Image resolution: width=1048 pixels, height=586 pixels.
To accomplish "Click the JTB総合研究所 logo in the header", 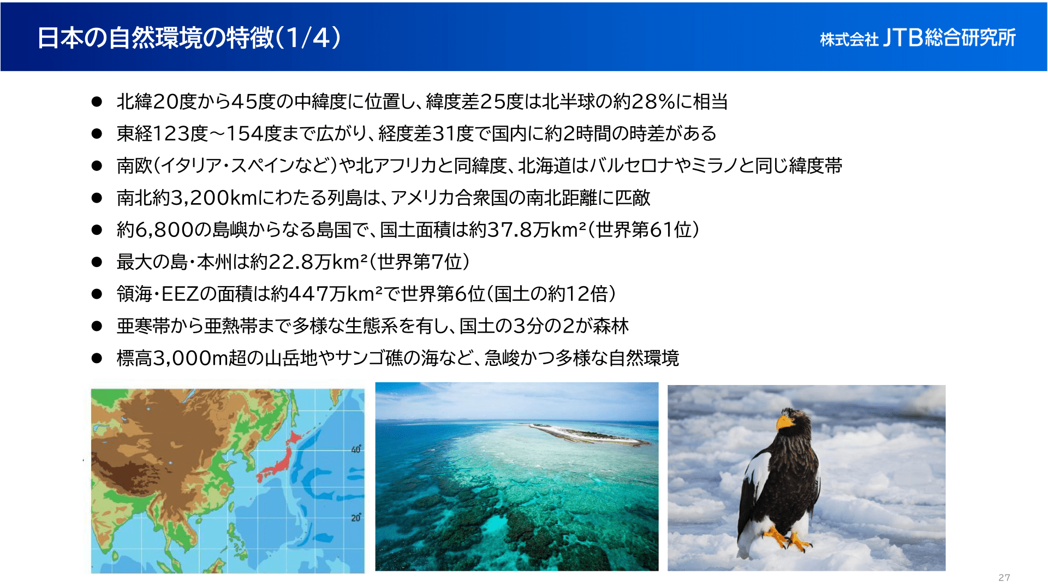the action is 918,38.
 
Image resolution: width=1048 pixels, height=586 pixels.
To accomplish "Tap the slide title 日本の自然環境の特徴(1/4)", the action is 189,38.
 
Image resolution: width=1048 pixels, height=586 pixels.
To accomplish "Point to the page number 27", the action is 1004,577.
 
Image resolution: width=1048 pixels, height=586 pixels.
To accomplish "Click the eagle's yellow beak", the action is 785,422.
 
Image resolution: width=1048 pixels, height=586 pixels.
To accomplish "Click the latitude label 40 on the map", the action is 356,449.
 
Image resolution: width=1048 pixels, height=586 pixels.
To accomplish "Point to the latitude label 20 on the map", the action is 356,517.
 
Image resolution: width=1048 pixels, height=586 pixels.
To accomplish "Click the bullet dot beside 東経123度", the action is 97,134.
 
